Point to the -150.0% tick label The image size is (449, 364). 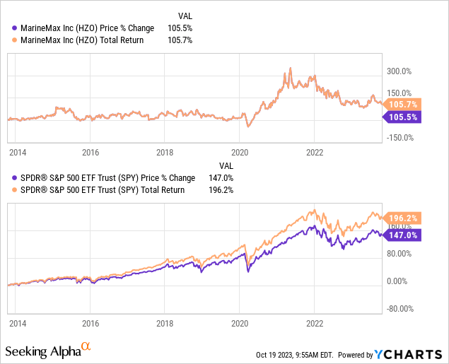coord(401,137)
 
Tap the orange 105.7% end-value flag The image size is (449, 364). coord(404,103)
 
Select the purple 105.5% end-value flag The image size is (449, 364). coord(404,117)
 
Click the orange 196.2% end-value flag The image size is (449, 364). coord(404,218)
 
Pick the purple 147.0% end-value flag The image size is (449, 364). coord(404,235)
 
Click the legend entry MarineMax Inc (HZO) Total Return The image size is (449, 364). coord(88,40)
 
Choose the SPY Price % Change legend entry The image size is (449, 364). coord(105,178)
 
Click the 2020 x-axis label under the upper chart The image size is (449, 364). coord(240,152)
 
